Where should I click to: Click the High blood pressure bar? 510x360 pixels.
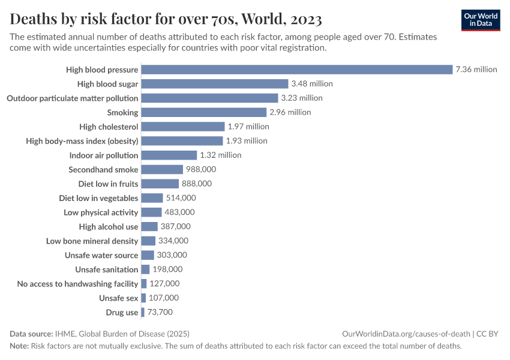click(296, 70)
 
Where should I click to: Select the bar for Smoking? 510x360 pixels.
click(203, 112)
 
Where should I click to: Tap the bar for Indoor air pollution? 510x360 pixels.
click(169, 155)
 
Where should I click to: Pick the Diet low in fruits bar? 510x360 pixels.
click(160, 184)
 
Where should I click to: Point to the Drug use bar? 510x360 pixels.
click(143, 313)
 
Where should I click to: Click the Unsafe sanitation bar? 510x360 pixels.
click(145, 269)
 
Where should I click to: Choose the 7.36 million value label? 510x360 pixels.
click(476, 70)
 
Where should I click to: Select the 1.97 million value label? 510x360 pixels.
click(248, 127)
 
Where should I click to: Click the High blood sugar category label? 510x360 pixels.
click(107, 84)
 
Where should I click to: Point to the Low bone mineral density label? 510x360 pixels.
click(92, 241)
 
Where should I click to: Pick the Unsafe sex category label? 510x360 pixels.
click(118, 298)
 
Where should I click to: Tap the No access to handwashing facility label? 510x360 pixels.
click(77, 284)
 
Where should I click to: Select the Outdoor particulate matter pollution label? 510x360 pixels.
click(72, 98)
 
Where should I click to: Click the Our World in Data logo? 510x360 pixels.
click(481, 20)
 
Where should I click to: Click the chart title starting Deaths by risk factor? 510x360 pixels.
click(166, 20)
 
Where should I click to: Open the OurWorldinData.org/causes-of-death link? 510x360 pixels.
click(406, 334)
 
